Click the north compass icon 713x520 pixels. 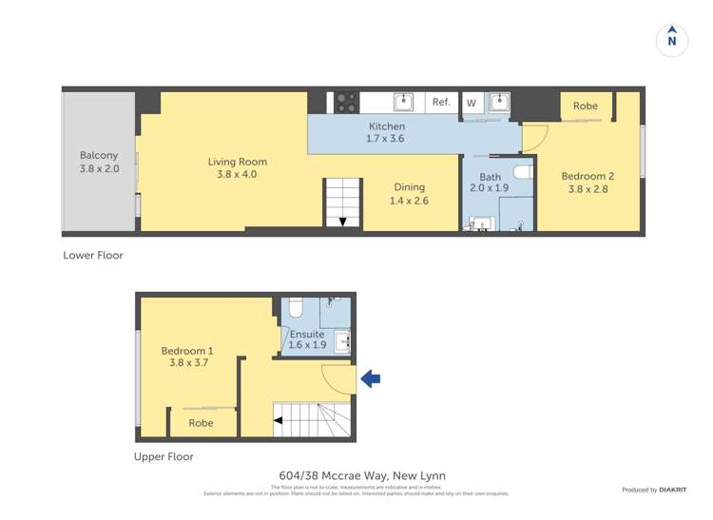coord(672,40)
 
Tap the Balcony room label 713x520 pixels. coord(99,162)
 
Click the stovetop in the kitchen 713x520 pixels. coord(345,102)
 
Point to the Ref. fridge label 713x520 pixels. coord(441,103)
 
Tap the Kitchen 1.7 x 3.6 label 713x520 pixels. coord(386,132)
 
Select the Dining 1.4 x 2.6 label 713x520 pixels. coord(408,194)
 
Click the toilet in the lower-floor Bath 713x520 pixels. coord(522,172)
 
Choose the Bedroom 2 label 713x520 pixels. coord(587,183)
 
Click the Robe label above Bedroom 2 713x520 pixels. coord(586,106)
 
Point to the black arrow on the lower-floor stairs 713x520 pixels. coord(343,221)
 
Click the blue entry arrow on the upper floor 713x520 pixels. coord(371,379)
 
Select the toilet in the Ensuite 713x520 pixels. coord(295,307)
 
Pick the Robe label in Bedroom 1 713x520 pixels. coord(200,423)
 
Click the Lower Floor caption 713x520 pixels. coord(93,255)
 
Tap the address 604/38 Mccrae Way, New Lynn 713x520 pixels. coord(361,476)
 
